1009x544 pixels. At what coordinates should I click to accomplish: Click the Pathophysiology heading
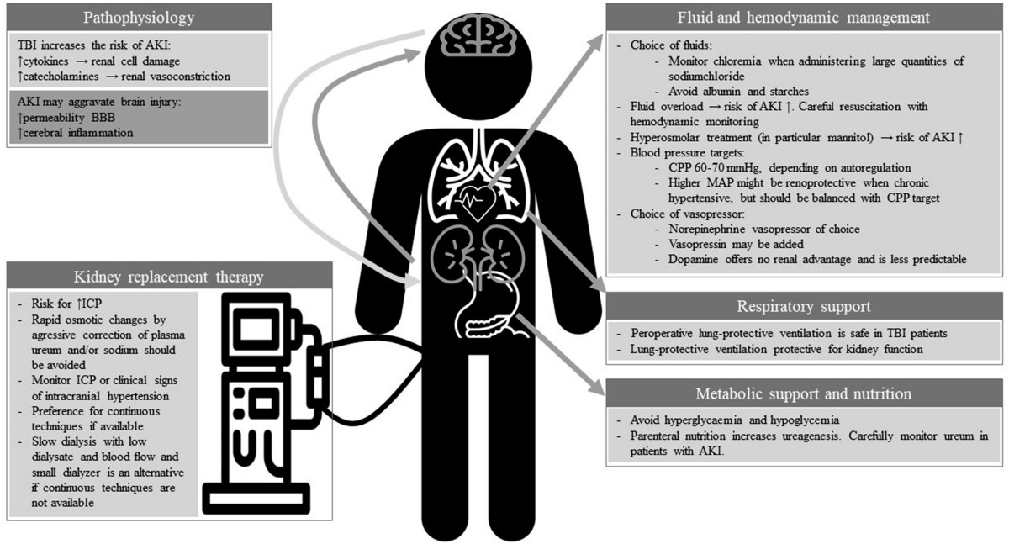(x=139, y=17)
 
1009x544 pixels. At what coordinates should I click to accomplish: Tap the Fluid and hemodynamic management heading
(x=804, y=17)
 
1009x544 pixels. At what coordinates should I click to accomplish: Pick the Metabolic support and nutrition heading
(x=804, y=393)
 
